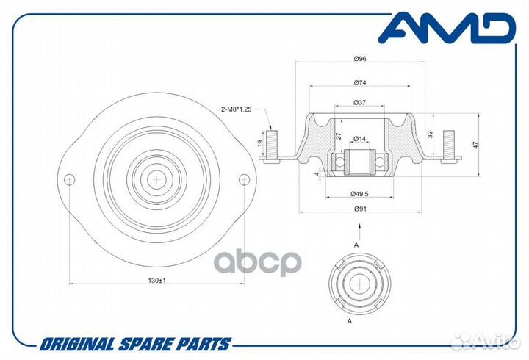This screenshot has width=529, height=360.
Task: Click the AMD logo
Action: point(447,28)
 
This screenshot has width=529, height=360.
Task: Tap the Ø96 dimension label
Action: point(360,59)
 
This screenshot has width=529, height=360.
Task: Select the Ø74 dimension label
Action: point(360,83)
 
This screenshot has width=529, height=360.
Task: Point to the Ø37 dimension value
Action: point(359,103)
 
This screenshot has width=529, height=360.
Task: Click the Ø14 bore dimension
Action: point(359,139)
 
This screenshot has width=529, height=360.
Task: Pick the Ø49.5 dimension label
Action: point(359,194)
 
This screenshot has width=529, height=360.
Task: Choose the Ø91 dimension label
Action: point(360,209)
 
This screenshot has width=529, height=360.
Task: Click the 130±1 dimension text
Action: point(157,281)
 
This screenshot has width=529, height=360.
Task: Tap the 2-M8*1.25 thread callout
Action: point(236,109)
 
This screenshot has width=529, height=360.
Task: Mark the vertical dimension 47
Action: point(476,145)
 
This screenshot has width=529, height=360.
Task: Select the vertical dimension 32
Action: point(430,134)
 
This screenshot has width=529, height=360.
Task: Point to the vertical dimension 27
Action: point(339,136)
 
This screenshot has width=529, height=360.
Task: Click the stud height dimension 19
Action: point(260,143)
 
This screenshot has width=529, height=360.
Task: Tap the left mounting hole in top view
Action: point(70,179)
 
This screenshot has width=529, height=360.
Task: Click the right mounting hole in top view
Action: point(244,179)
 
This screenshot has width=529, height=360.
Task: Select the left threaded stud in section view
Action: point(272,145)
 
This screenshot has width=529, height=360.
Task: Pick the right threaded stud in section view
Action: point(447,145)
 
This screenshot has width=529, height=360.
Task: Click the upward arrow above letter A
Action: point(360,231)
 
